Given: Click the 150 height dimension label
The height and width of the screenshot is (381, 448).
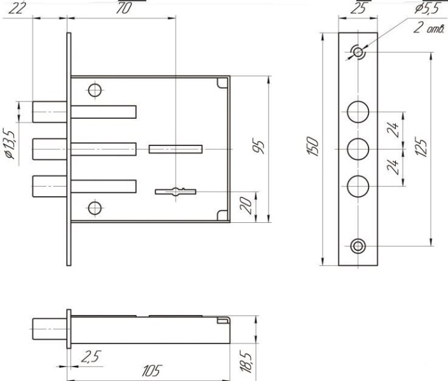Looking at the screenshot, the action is (x=313, y=146).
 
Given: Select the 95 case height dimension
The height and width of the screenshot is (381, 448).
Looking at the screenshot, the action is (x=258, y=147).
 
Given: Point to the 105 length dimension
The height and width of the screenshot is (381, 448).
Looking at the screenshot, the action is (x=151, y=370).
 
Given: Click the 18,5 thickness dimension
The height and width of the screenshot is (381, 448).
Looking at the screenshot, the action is (x=246, y=363).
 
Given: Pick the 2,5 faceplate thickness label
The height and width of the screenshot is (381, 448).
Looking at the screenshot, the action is (x=91, y=357).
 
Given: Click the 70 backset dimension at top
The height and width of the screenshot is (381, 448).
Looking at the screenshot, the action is (x=123, y=8).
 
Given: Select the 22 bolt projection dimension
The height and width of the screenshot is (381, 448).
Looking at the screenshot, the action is (x=16, y=8).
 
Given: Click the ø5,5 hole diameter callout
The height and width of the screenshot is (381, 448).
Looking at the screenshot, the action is (x=426, y=8).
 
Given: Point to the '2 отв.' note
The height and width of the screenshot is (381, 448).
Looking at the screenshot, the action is (x=429, y=28).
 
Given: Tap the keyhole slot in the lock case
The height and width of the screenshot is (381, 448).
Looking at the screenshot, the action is (x=176, y=192).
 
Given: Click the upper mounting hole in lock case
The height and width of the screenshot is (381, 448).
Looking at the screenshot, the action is (x=95, y=90).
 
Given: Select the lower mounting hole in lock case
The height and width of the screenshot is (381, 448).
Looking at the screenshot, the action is (x=95, y=208).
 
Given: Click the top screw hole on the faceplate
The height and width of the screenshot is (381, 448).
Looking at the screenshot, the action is (x=358, y=52).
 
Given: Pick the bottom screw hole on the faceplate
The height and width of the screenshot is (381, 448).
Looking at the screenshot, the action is (x=358, y=246).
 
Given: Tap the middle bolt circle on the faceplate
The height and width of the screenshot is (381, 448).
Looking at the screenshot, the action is (x=358, y=149).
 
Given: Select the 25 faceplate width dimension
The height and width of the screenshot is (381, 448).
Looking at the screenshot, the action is (x=358, y=8).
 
